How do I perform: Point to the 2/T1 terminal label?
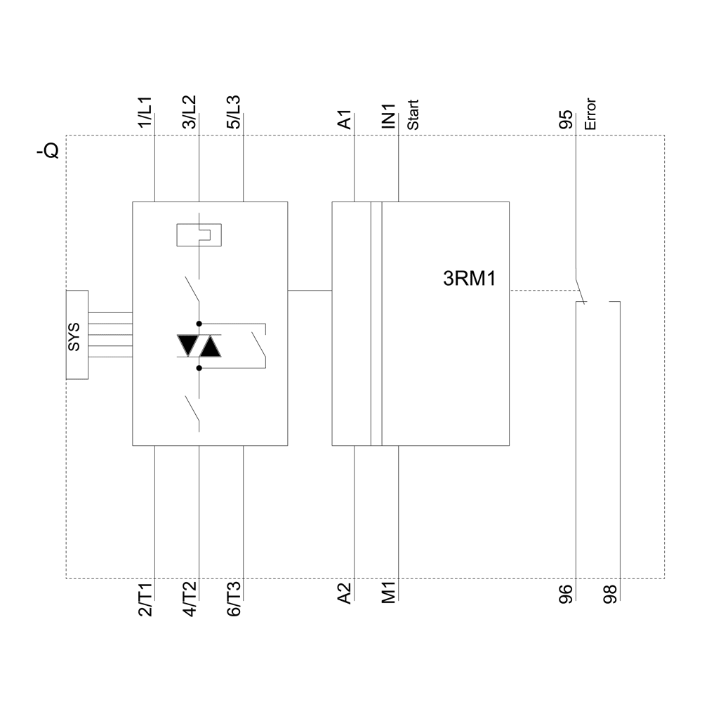click(x=145, y=600)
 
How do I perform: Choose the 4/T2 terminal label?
click(x=190, y=600)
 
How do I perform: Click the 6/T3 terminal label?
click(x=234, y=600)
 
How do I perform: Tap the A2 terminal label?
click(x=345, y=594)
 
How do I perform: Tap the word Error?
click(x=590, y=114)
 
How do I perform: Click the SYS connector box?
click(x=77, y=335)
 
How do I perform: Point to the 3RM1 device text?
click(x=470, y=279)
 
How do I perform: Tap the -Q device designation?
click(x=48, y=150)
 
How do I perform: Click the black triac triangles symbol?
click(x=199, y=346)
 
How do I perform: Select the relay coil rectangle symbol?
click(x=200, y=234)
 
